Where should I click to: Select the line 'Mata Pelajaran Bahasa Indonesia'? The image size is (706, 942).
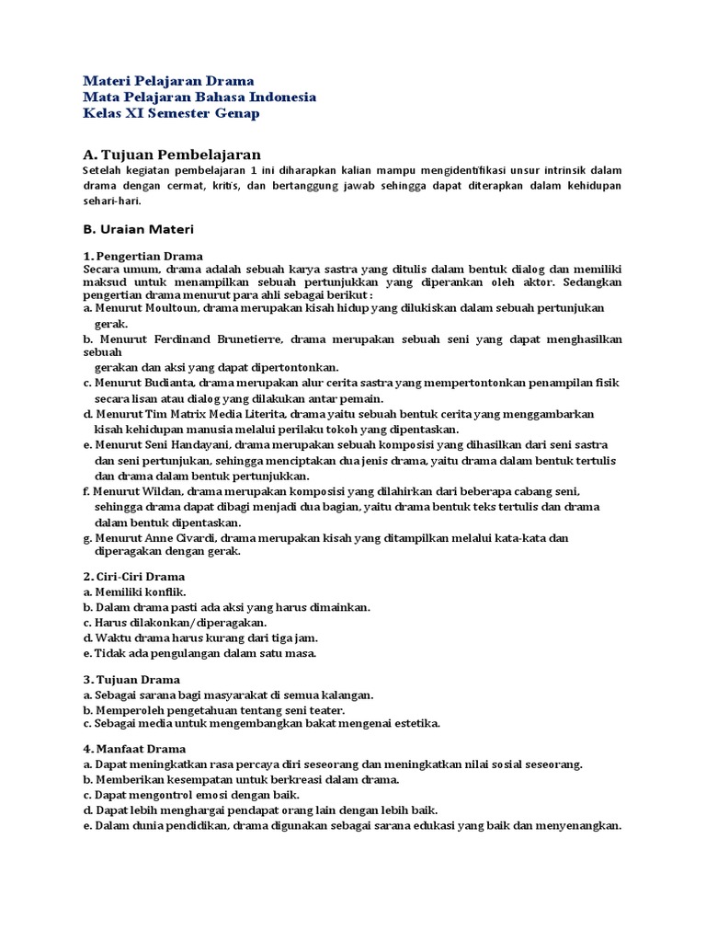(x=199, y=97)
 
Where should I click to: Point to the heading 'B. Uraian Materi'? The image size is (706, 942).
(x=139, y=227)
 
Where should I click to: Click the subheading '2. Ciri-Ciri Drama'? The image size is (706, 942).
(x=133, y=577)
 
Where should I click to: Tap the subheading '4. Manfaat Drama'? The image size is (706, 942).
(x=133, y=749)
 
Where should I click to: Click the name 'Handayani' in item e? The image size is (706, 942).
(x=196, y=444)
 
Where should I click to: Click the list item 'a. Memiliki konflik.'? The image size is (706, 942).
(x=134, y=592)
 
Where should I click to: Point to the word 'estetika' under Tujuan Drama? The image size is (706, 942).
(x=417, y=724)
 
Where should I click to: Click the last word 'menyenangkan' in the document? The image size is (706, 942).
(x=581, y=826)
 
